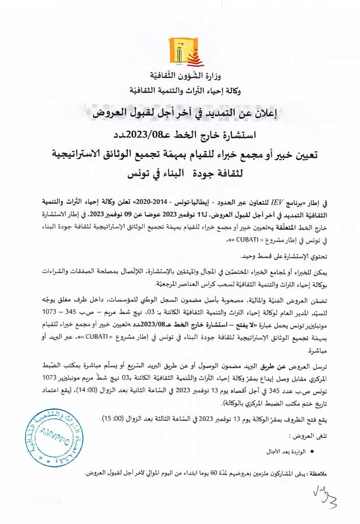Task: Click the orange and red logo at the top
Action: tap(180, 51)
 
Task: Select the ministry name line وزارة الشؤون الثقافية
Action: tap(179, 79)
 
